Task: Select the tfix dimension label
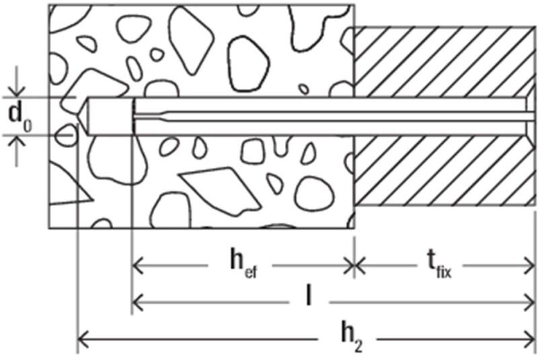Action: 440,266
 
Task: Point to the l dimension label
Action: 309,295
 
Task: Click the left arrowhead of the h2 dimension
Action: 83,339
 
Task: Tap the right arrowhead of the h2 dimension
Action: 529,339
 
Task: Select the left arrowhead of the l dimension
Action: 137,302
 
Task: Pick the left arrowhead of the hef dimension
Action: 137,265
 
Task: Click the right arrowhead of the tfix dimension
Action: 529,265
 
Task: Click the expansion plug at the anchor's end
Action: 110,116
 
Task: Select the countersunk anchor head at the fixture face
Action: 531,116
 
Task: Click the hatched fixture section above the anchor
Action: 445,62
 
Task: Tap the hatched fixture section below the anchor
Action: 445,170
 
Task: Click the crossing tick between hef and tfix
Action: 354,265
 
